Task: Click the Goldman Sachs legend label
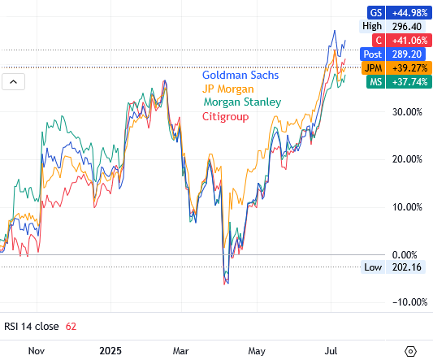[240, 75]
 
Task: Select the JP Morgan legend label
[228, 89]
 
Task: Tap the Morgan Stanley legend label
[241, 102]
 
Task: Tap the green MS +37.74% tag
[398, 82]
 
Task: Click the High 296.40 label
[398, 25]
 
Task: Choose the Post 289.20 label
[398, 54]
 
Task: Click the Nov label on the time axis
[36, 351]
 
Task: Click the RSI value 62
[71, 326]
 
